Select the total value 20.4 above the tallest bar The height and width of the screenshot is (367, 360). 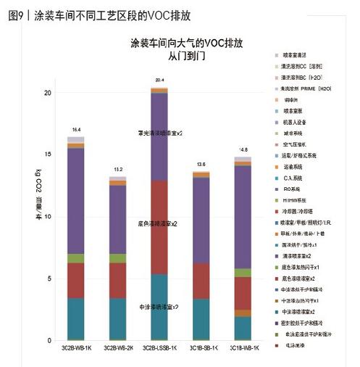click(159, 80)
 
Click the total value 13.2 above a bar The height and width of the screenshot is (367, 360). click(117, 169)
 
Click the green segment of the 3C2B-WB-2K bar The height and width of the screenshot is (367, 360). click(117, 258)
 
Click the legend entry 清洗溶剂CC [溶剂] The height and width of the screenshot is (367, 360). click(311, 66)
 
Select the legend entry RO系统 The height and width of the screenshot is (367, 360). click(297, 189)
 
